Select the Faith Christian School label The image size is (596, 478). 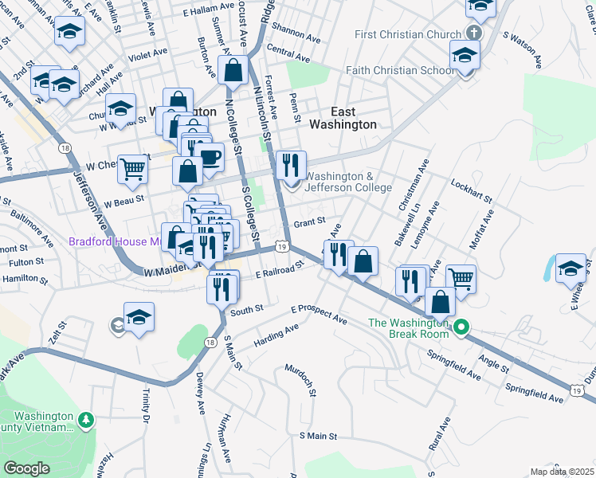400,70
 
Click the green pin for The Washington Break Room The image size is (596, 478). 461,327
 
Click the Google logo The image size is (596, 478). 26,468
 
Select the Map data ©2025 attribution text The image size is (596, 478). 563,472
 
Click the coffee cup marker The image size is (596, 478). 210,156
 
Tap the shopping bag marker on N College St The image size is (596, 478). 233,70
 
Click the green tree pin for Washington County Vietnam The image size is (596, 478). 86,419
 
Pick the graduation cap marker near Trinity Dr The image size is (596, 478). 139,317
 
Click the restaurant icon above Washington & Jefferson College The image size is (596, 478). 291,165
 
